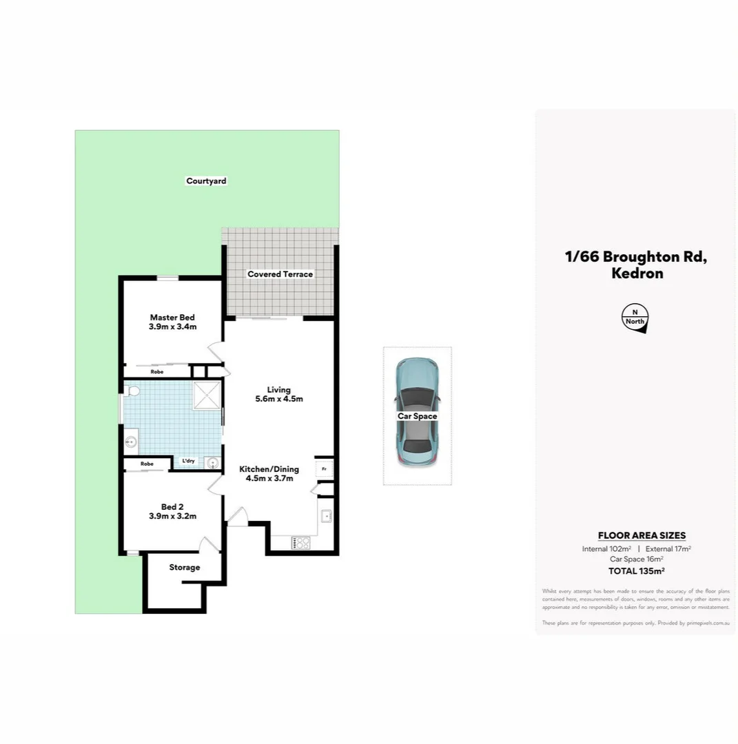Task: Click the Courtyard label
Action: coord(206,181)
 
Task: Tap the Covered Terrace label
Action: coord(280,274)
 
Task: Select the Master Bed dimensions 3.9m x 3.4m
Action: coord(172,327)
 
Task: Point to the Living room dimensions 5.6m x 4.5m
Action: coord(279,399)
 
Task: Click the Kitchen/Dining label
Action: coord(269,469)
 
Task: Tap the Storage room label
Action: coord(185,568)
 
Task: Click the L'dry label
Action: coord(187,461)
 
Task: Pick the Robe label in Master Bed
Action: coord(157,371)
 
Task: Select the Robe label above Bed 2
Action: coord(147,464)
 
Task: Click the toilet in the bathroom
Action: coord(133,392)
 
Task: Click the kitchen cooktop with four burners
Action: coord(301,543)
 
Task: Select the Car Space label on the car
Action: coord(417,416)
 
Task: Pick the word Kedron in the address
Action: coord(637,273)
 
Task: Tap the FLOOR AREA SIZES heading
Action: coord(642,535)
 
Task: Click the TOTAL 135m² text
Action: coord(636,570)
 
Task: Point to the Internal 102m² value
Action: coord(606,548)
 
